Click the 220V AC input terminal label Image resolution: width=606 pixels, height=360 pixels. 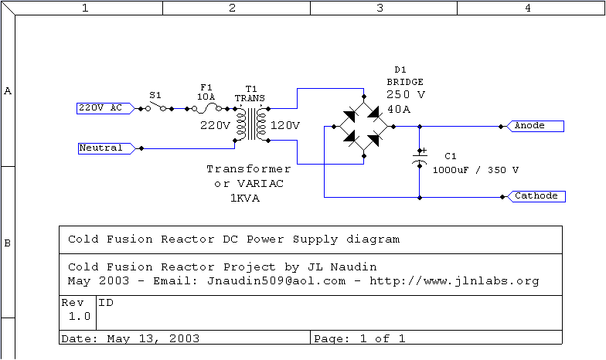(100, 108)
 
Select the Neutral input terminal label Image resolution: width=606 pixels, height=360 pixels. (101, 148)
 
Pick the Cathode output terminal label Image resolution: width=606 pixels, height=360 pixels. (536, 196)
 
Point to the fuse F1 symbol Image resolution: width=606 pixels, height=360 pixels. (206, 109)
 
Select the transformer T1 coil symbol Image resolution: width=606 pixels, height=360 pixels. (250, 124)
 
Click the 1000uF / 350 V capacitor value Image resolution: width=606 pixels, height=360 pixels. (475, 169)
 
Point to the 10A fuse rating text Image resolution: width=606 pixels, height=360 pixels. (206, 98)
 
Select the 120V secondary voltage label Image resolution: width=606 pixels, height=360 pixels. (285, 125)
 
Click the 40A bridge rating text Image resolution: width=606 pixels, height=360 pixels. (399, 110)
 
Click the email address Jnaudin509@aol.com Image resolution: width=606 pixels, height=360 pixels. (276, 280)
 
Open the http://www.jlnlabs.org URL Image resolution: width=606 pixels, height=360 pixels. (454, 280)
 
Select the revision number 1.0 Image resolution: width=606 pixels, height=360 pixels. (79, 316)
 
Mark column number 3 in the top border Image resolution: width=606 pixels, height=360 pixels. (380, 8)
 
